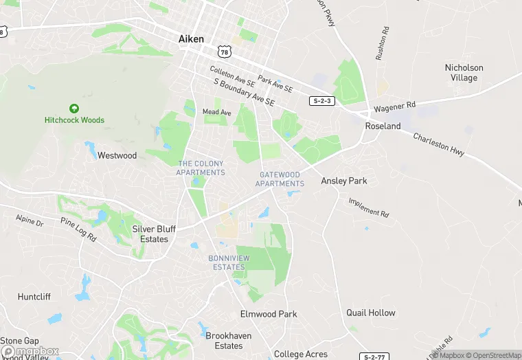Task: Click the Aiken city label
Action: (x=191, y=39)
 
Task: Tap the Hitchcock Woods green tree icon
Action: (x=74, y=108)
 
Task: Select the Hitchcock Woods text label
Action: (x=74, y=120)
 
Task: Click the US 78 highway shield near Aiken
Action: (x=223, y=52)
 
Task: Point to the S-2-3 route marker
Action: (x=321, y=101)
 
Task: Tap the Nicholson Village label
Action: (x=464, y=73)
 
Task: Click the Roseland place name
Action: (x=383, y=126)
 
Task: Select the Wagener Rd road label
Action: (x=395, y=108)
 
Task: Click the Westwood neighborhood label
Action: (x=117, y=155)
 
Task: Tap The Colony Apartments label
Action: (x=201, y=168)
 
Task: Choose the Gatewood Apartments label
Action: (x=280, y=179)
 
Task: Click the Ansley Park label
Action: (x=344, y=181)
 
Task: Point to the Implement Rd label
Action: (x=369, y=207)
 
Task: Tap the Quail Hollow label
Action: (x=371, y=313)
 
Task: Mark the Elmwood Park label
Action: (x=269, y=314)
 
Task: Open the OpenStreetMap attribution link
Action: (x=493, y=355)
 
